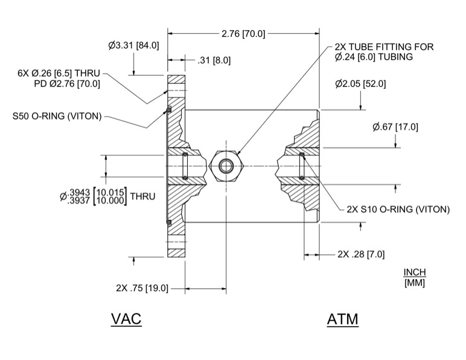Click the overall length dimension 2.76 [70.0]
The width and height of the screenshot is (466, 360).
click(243, 33)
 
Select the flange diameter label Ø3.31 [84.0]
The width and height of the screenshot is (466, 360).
click(133, 45)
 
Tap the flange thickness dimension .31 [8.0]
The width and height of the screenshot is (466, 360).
click(214, 60)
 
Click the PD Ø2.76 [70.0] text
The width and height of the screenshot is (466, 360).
click(67, 83)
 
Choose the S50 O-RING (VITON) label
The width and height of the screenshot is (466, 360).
click(57, 116)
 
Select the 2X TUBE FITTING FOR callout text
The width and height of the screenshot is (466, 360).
click(384, 47)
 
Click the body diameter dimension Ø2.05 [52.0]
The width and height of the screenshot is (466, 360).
click(360, 83)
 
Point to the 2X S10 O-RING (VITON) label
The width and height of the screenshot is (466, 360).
click(398, 210)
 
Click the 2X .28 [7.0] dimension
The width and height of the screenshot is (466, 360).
click(361, 254)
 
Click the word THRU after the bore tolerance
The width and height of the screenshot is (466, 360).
click(142, 196)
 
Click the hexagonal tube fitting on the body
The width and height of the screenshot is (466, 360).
click(226, 166)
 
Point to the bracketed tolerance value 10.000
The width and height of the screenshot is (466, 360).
click(109, 200)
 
